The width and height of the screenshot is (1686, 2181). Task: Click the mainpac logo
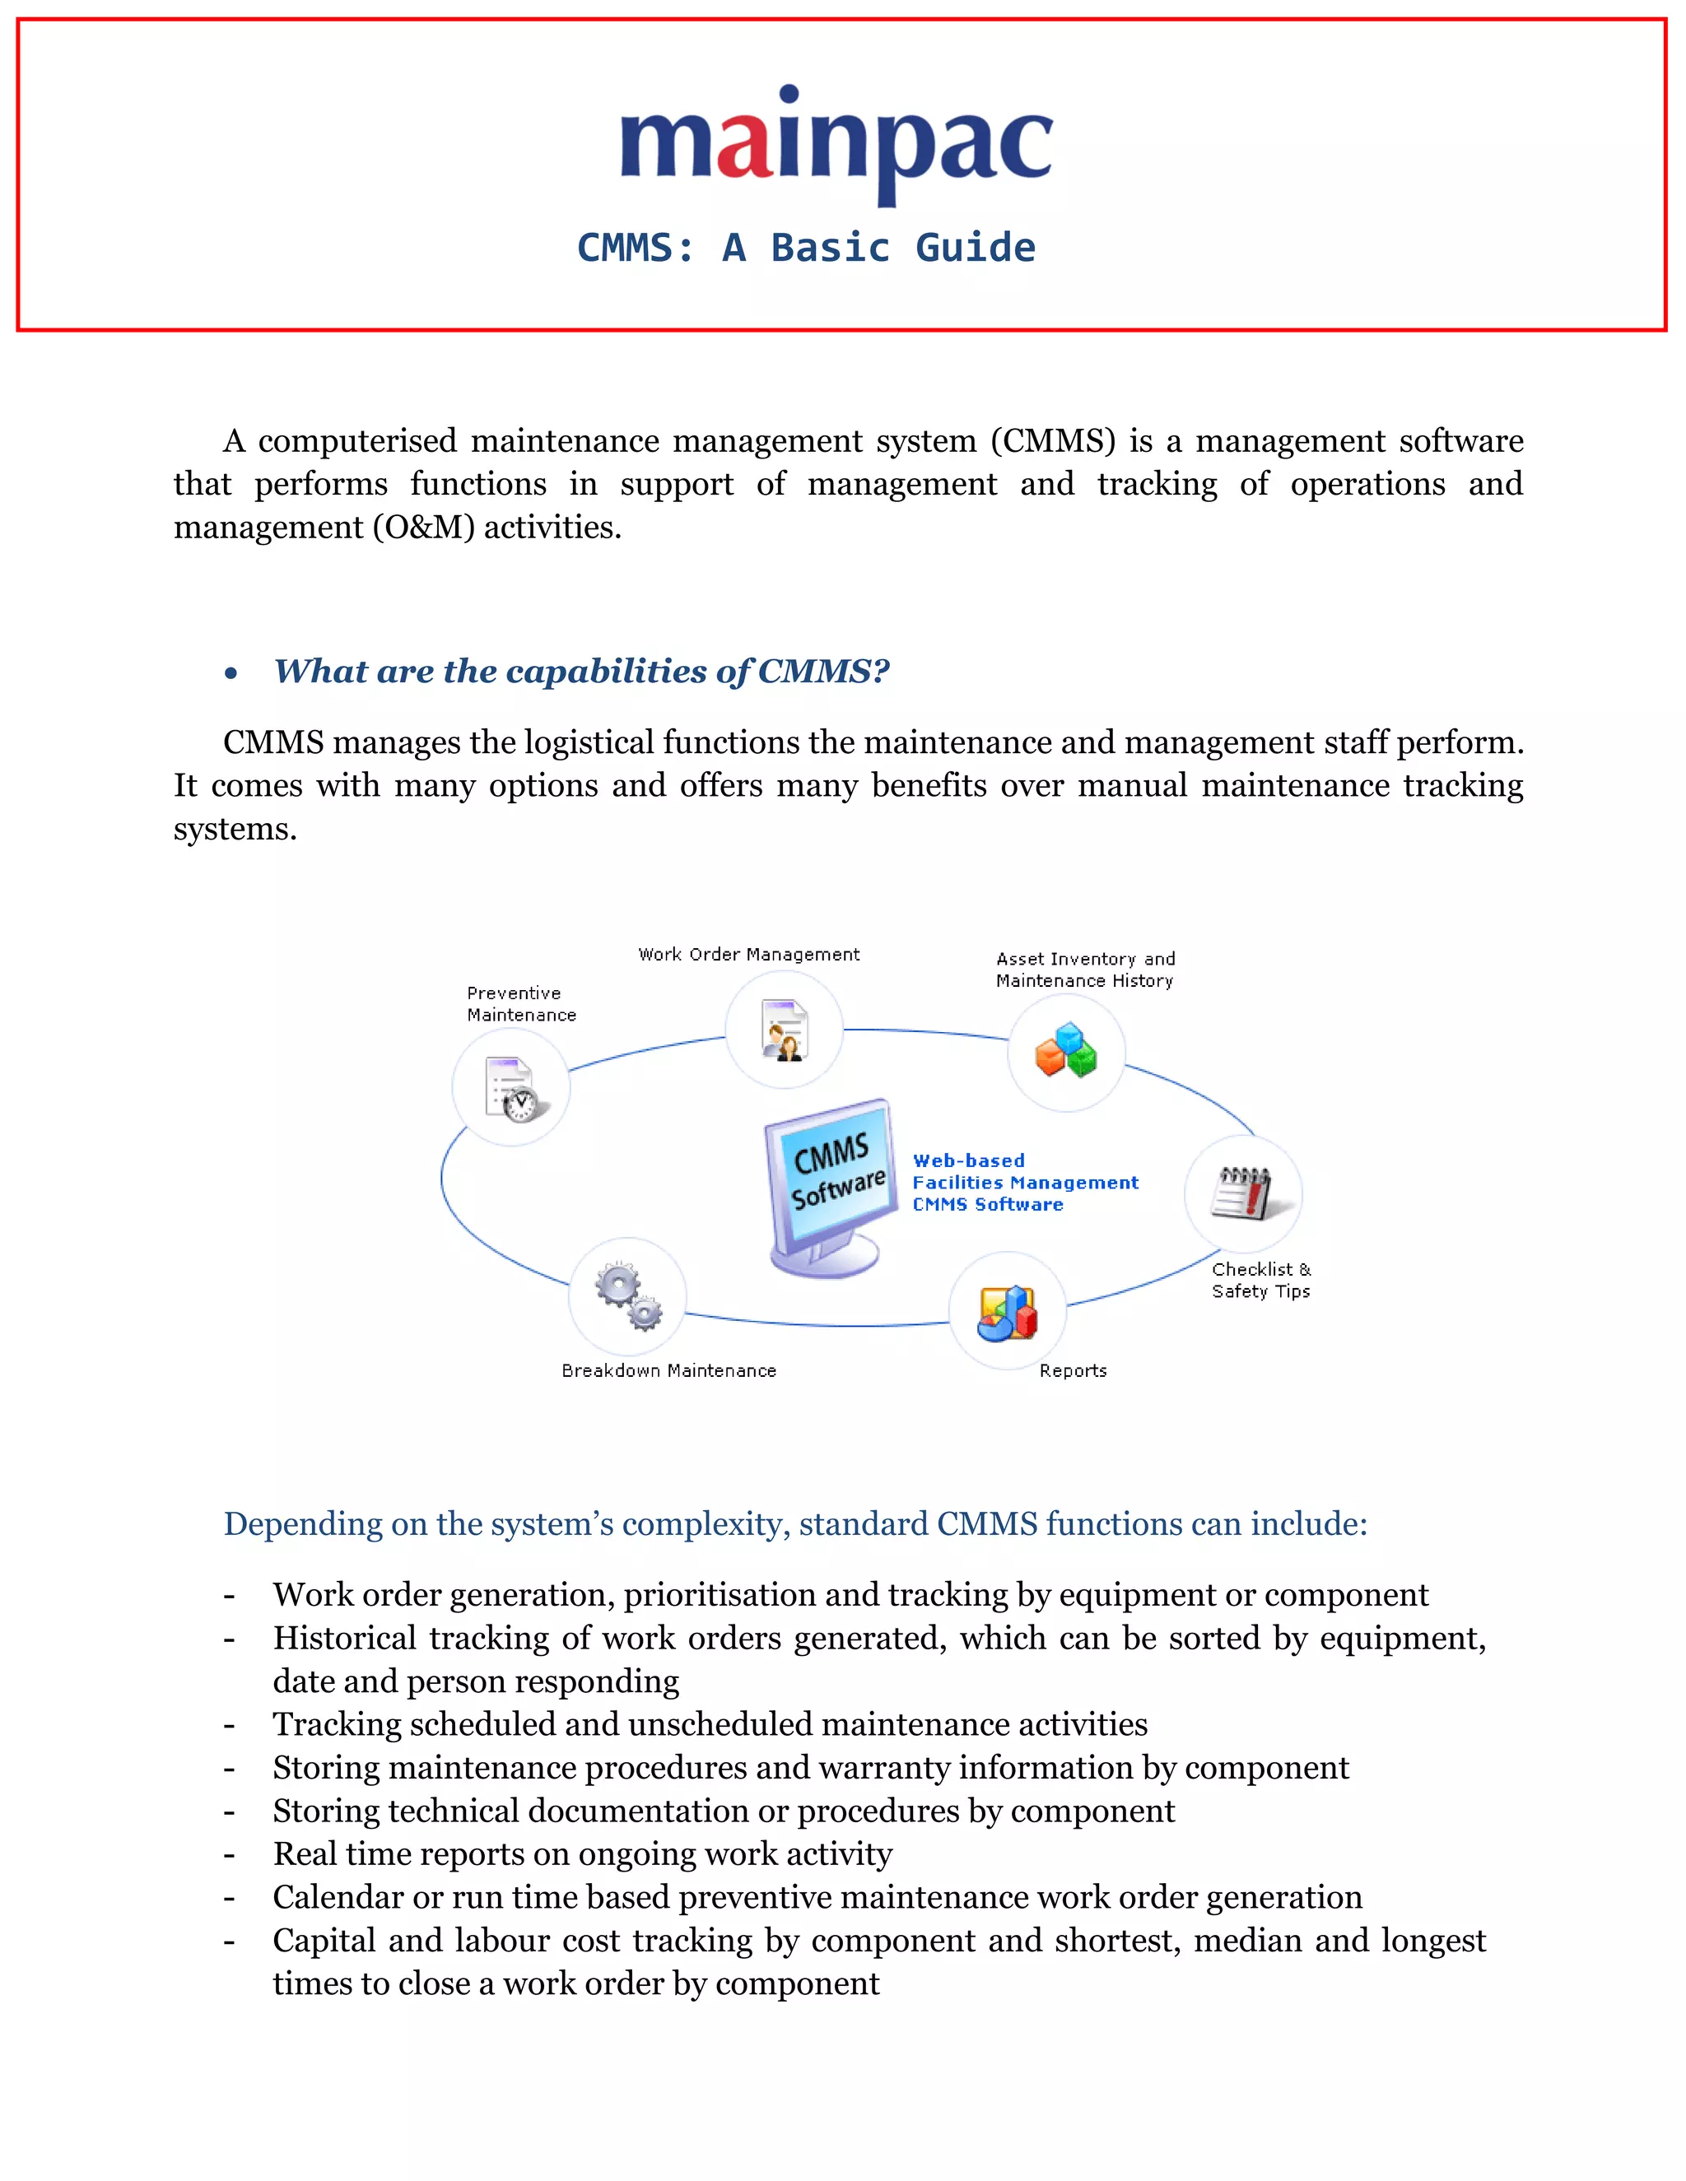(x=836, y=145)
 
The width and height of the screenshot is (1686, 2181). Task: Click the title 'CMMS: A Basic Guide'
(x=806, y=248)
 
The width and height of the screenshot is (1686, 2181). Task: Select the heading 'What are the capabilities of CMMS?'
(x=581, y=671)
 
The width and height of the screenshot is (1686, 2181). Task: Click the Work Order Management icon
(x=784, y=1030)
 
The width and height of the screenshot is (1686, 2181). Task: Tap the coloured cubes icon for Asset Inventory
(x=1066, y=1052)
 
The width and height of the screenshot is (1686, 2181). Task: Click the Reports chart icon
(x=1007, y=1311)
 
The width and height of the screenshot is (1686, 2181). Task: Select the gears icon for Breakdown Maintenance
(x=628, y=1296)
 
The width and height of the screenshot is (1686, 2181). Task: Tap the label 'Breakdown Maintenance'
(x=668, y=1371)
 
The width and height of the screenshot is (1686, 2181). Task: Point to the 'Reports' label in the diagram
(x=1073, y=1371)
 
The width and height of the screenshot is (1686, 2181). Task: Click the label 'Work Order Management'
(x=748, y=955)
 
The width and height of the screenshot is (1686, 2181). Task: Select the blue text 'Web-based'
(x=968, y=1160)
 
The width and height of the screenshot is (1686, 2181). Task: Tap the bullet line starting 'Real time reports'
(x=582, y=1854)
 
